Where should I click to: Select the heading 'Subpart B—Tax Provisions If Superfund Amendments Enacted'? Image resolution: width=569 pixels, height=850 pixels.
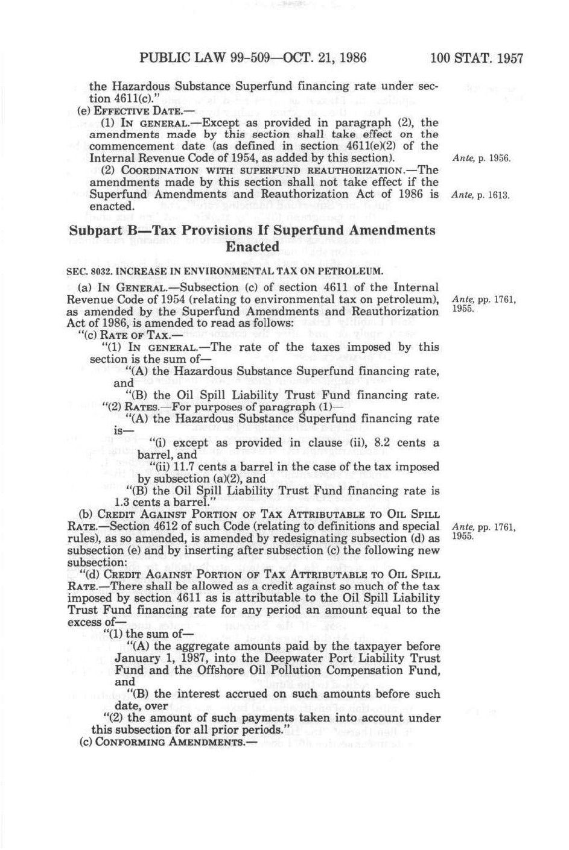(252, 239)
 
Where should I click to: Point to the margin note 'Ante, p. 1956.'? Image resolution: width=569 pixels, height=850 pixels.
(481, 159)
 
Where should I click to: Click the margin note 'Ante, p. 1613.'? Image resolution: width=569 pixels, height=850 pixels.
(481, 195)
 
